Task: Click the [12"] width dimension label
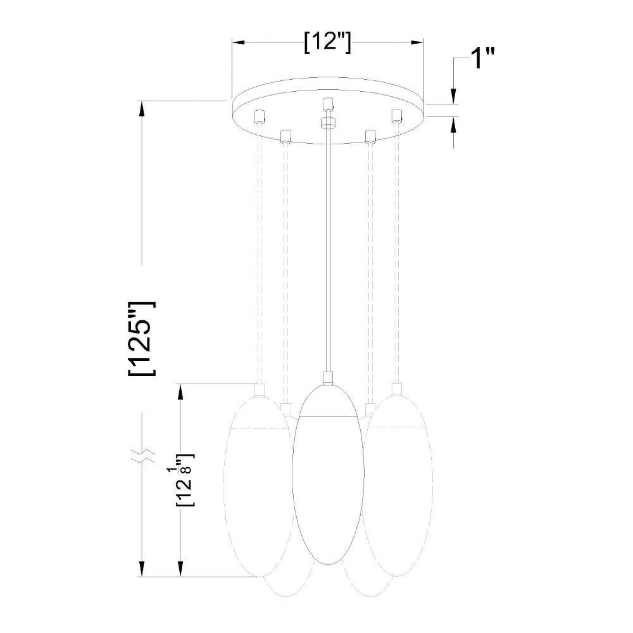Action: (x=327, y=42)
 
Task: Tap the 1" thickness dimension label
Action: (x=482, y=58)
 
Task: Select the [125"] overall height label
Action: (x=142, y=338)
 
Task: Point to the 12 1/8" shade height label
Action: (x=185, y=480)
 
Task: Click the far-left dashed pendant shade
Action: (x=259, y=486)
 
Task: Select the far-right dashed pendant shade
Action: (x=398, y=486)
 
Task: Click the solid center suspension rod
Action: (x=328, y=250)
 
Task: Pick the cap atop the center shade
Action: (x=328, y=378)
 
